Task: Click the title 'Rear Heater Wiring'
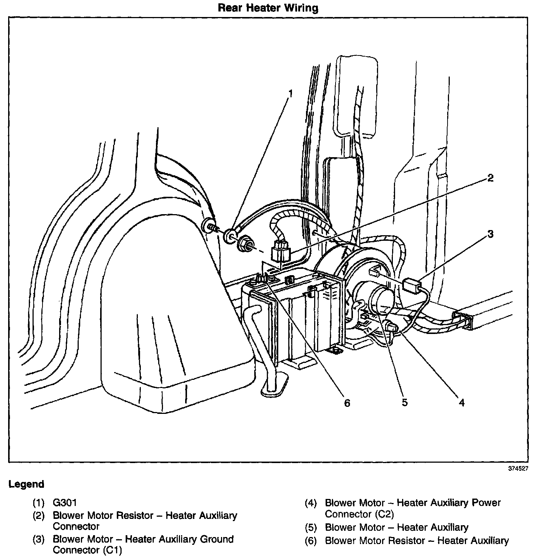268,8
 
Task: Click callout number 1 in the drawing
290,93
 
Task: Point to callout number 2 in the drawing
490,178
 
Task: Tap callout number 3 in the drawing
490,234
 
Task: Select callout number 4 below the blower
462,402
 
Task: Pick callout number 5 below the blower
405,402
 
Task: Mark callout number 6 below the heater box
347,403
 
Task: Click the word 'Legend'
26,484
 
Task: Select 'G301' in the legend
65,503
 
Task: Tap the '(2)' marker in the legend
38,516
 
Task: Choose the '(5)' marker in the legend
311,527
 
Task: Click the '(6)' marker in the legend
311,541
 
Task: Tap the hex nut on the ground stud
245,244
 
